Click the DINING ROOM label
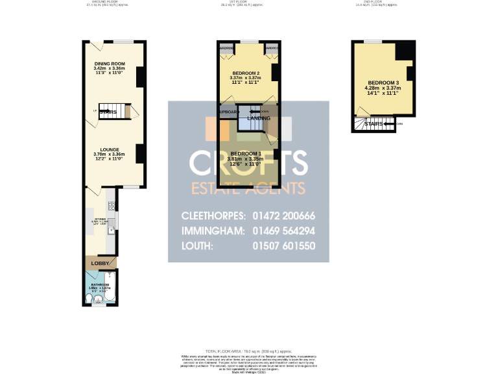(x=109, y=63)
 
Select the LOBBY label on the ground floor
(x=101, y=264)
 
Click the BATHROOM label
(x=101, y=284)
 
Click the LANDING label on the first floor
(x=259, y=118)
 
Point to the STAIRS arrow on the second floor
(x=389, y=123)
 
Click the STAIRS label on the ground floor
(x=108, y=112)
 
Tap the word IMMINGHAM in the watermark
(x=213, y=231)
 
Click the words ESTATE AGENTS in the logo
(x=248, y=188)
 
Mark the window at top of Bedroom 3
(x=373, y=42)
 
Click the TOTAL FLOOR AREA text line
(x=248, y=350)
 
